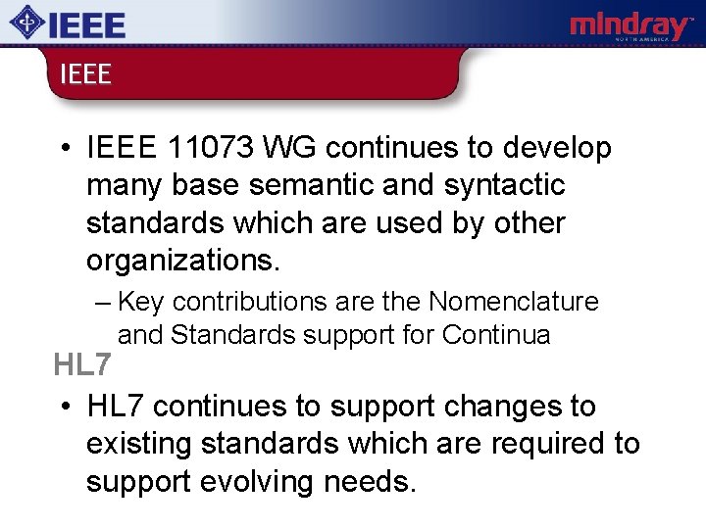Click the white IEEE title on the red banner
(x=85, y=74)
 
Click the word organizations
(x=182, y=261)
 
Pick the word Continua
(x=496, y=335)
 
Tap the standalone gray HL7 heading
(x=83, y=366)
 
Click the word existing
(x=138, y=444)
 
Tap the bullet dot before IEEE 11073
(x=62, y=149)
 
